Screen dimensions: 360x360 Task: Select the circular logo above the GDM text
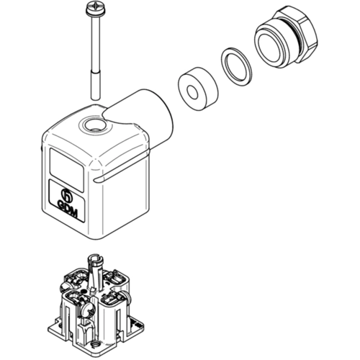[x=67, y=194]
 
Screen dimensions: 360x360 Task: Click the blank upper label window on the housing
[x=66, y=170]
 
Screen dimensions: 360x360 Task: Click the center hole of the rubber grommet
[x=192, y=91]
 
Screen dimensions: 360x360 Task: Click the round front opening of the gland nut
[x=270, y=48]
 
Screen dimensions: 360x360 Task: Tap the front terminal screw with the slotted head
[x=89, y=312]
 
